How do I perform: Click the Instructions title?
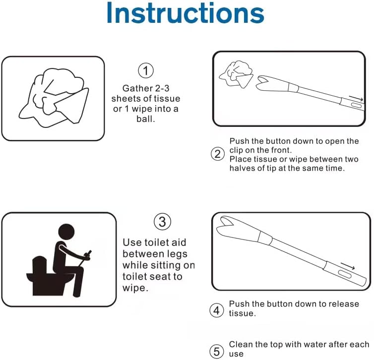pyautogui.click(x=185, y=13)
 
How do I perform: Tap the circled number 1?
pyautogui.click(x=145, y=71)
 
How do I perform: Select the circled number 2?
pyautogui.click(x=218, y=154)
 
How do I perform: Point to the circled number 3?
pyautogui.click(x=162, y=221)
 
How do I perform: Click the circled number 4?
pyautogui.click(x=217, y=310)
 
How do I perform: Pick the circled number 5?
pyautogui.click(x=217, y=351)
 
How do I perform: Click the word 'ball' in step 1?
pyautogui.click(x=145, y=120)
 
